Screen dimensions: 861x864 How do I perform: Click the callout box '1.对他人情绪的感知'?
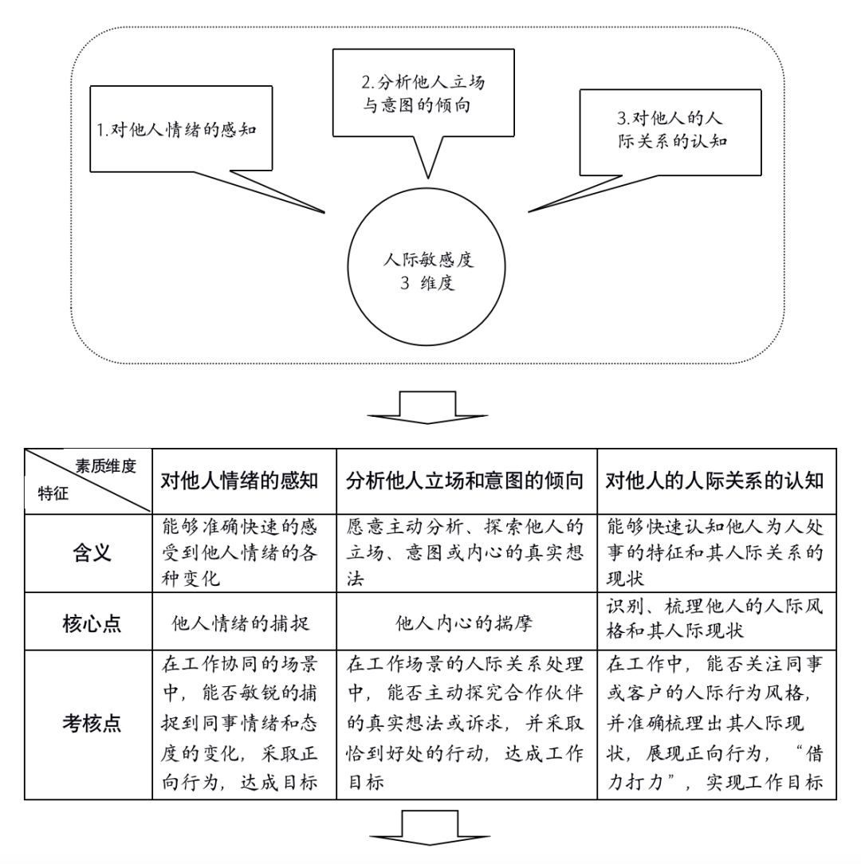(x=181, y=129)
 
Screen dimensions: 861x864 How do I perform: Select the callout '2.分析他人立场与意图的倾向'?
(x=423, y=92)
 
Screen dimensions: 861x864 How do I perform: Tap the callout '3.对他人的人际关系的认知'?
(x=670, y=132)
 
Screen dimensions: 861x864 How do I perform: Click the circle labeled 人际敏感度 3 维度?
(x=427, y=267)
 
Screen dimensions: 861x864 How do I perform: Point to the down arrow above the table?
(x=428, y=407)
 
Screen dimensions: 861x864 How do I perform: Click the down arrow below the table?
(x=430, y=827)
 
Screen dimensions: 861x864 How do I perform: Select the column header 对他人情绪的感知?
(x=239, y=481)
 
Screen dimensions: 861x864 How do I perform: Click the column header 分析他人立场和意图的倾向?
(x=465, y=481)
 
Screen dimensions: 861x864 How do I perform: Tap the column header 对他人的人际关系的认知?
(x=715, y=481)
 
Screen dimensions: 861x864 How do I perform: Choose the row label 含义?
(x=92, y=552)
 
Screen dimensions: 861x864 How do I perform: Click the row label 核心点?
(x=92, y=623)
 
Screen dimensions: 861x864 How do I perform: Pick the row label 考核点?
(x=92, y=723)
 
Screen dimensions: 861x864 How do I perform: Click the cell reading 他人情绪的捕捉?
(x=241, y=623)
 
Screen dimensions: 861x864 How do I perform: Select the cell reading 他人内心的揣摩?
(x=464, y=623)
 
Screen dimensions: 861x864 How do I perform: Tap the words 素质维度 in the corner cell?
(x=105, y=467)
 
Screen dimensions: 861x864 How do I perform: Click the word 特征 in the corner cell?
(x=53, y=493)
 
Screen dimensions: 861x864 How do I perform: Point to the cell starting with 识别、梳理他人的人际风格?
(x=715, y=619)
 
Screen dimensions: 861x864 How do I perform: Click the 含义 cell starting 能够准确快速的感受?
(x=239, y=552)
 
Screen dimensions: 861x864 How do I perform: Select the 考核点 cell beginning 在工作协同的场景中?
(x=239, y=723)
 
